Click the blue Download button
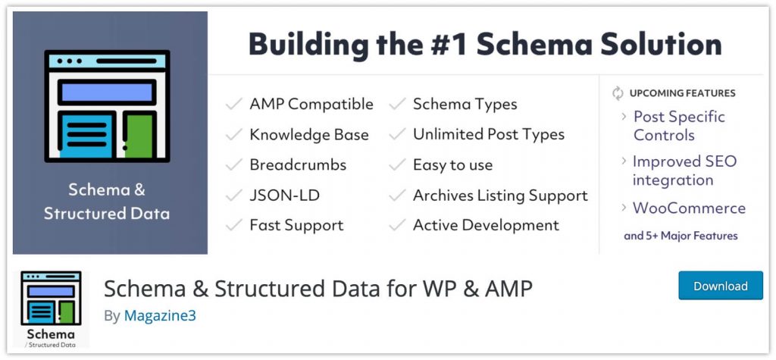point(721,286)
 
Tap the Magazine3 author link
point(160,315)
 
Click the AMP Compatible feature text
point(311,104)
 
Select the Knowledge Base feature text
point(308,135)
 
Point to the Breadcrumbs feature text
point(298,164)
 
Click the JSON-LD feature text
point(284,195)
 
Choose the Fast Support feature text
point(296,225)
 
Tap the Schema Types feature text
point(465,104)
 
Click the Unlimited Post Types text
point(488,135)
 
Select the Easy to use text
point(452,164)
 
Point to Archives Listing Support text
point(500,195)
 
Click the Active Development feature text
point(486,225)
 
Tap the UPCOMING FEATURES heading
point(682,93)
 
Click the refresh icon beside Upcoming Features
point(618,93)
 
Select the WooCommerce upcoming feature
point(689,208)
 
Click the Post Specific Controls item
point(679,126)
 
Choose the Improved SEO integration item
point(684,171)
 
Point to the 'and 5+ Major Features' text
point(681,236)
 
